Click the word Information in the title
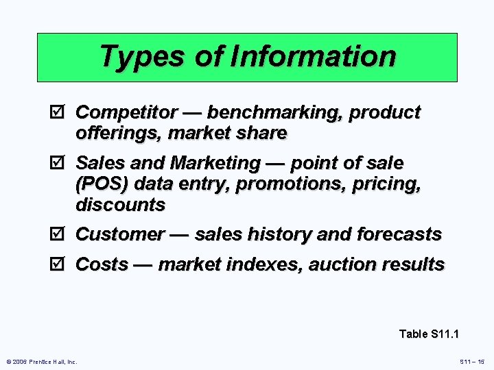tap(314, 56)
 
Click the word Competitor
tap(127, 112)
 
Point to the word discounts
tap(120, 204)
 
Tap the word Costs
tap(102, 264)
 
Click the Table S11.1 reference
tap(429, 334)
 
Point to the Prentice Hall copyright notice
tap(42, 361)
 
